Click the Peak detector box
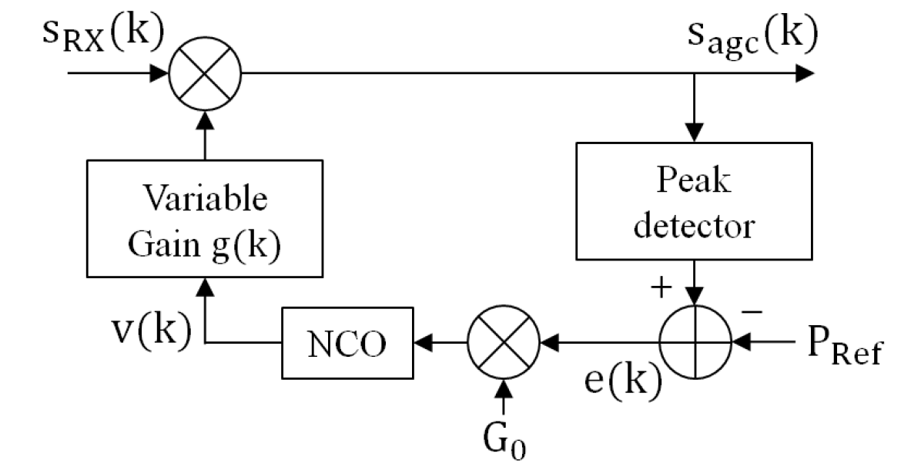tap(695, 200)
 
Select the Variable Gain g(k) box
tap(205, 219)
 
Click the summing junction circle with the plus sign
tap(695, 339)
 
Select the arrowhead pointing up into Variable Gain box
tap(205, 287)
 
